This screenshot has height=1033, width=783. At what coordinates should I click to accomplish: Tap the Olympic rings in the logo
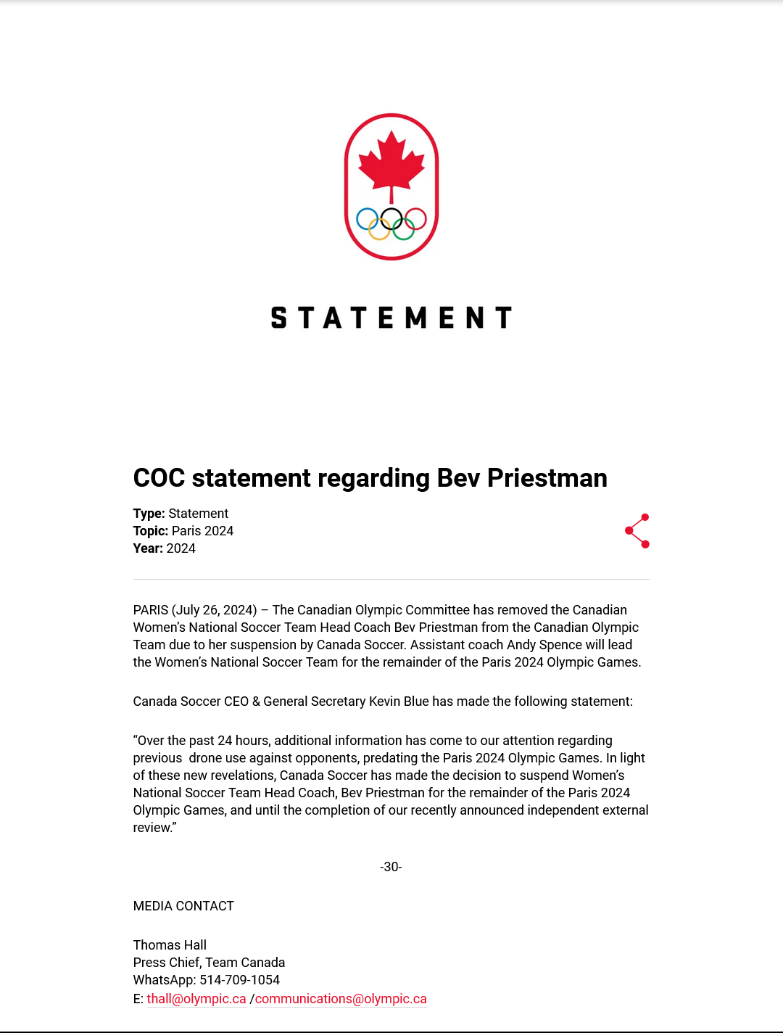(391, 223)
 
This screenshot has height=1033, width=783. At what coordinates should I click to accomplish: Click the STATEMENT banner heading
(391, 318)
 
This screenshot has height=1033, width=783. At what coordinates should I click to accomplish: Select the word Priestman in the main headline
(547, 478)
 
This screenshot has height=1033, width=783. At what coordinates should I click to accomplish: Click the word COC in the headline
(159, 478)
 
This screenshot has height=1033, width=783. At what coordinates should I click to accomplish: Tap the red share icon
(637, 531)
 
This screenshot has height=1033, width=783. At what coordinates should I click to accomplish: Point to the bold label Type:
(149, 514)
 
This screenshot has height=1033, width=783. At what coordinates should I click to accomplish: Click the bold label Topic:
(150, 531)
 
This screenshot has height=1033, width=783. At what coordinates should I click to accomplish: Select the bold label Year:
(148, 548)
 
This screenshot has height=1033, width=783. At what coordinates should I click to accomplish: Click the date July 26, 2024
(215, 610)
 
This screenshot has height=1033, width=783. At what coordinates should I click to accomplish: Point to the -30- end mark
(391, 867)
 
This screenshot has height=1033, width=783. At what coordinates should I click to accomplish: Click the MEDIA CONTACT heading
(183, 906)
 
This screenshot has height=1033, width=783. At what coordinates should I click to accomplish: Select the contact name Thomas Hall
(170, 945)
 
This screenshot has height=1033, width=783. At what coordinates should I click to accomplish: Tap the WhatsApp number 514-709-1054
(239, 980)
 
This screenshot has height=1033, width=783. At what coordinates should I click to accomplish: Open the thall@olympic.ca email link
(196, 999)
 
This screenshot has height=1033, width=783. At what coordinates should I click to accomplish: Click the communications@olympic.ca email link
(341, 999)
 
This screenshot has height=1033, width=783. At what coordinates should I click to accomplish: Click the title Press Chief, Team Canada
(209, 963)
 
